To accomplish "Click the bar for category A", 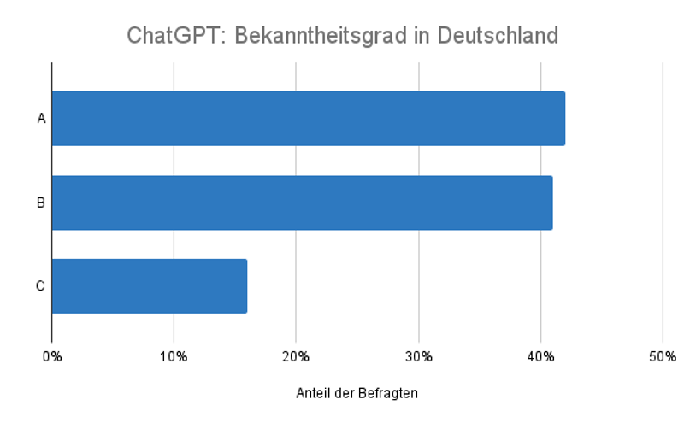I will click(308, 118).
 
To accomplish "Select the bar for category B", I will click(302, 203).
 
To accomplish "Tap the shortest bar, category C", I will click(150, 285).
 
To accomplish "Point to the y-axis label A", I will click(41, 118).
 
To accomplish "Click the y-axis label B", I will click(41, 203).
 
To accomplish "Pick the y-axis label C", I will click(40, 285).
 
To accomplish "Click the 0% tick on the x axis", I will click(52, 355).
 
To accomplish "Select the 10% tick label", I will click(174, 355).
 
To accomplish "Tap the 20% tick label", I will click(296, 355).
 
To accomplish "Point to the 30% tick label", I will click(418, 355).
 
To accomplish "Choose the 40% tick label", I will click(540, 355).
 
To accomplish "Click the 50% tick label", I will click(663, 355).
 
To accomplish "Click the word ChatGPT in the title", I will click(175, 36).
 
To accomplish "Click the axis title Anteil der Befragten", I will click(357, 393).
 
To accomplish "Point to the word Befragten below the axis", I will click(390, 393).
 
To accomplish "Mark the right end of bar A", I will click(563, 118).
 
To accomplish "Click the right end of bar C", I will click(245, 285).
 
